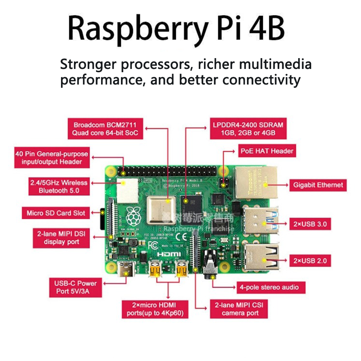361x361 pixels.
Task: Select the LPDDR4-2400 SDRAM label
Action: point(248,129)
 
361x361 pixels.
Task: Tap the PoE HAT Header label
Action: point(267,151)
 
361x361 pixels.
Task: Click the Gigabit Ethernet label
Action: point(318,185)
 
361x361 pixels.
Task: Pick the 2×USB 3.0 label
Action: point(310,224)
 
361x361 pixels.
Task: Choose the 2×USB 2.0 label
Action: point(310,260)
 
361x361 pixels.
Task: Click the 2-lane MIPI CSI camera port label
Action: point(239,309)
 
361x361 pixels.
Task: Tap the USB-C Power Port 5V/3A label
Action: point(75,287)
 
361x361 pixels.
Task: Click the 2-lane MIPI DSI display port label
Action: point(61,238)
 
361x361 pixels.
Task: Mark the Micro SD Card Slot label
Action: point(56,213)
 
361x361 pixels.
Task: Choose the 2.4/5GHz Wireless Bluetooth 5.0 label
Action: point(58,186)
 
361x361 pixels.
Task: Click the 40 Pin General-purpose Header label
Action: point(51,158)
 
